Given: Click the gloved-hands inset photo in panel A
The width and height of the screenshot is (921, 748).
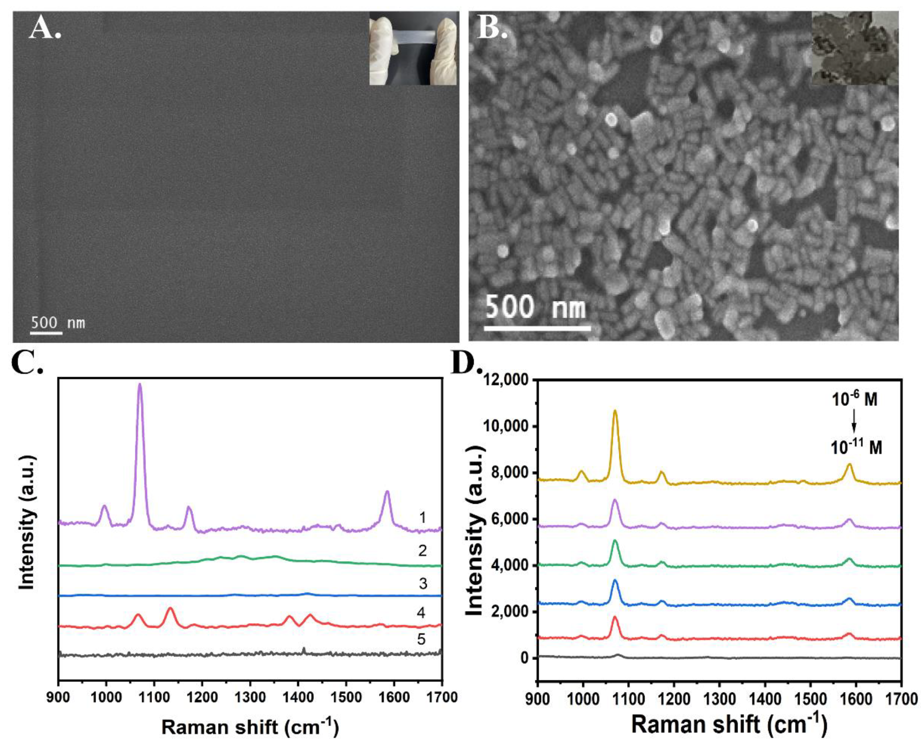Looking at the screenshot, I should (x=413, y=48).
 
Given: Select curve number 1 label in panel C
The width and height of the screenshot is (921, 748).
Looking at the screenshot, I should (x=423, y=518).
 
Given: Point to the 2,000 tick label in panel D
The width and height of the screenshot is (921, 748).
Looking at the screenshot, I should (x=507, y=613).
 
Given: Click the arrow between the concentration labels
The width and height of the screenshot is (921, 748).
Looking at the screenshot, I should (x=854, y=424).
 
